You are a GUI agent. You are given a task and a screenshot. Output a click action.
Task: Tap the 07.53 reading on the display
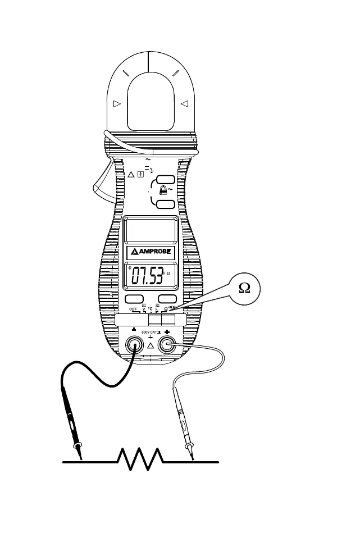(148, 276)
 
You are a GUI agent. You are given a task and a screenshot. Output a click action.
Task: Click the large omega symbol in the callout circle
(244, 288)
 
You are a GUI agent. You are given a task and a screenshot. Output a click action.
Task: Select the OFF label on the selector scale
(134, 309)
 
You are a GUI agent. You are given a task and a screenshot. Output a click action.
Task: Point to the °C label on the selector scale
(151, 309)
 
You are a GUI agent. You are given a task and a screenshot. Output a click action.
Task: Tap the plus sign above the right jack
(167, 332)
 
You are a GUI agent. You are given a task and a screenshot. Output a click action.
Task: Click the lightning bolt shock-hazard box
(139, 174)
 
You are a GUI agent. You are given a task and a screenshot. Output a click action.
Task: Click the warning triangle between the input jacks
(150, 346)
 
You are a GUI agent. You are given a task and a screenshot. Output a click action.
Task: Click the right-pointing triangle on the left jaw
(117, 103)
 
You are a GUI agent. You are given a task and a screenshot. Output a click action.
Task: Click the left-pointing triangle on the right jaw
(184, 103)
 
